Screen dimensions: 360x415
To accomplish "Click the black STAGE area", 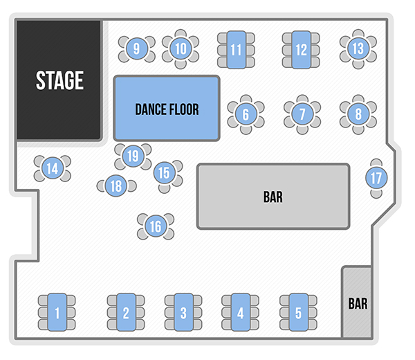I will click(x=59, y=80).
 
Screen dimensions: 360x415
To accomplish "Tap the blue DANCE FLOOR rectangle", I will click(x=167, y=109).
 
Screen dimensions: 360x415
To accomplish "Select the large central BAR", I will click(x=273, y=197).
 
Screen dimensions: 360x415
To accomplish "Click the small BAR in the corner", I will click(x=358, y=303).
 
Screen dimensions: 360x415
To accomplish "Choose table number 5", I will click(x=298, y=313).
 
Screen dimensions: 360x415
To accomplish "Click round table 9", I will click(x=136, y=48).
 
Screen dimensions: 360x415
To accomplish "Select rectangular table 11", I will click(x=236, y=50).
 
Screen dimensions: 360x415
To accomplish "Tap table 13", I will click(x=358, y=48).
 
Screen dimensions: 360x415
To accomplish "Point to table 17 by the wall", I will click(x=376, y=178).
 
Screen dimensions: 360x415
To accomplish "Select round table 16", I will click(x=156, y=226).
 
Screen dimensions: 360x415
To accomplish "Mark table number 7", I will click(x=302, y=113).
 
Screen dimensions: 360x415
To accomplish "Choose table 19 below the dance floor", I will click(x=133, y=156).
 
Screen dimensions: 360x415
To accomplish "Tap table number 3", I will click(x=183, y=313).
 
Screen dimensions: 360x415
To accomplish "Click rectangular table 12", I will click(x=300, y=50).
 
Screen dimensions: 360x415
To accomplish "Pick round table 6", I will click(x=246, y=113).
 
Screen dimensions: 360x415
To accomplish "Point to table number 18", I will click(x=116, y=186).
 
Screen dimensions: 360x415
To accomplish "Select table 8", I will click(x=358, y=113).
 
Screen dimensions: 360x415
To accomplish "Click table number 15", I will click(x=165, y=172).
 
